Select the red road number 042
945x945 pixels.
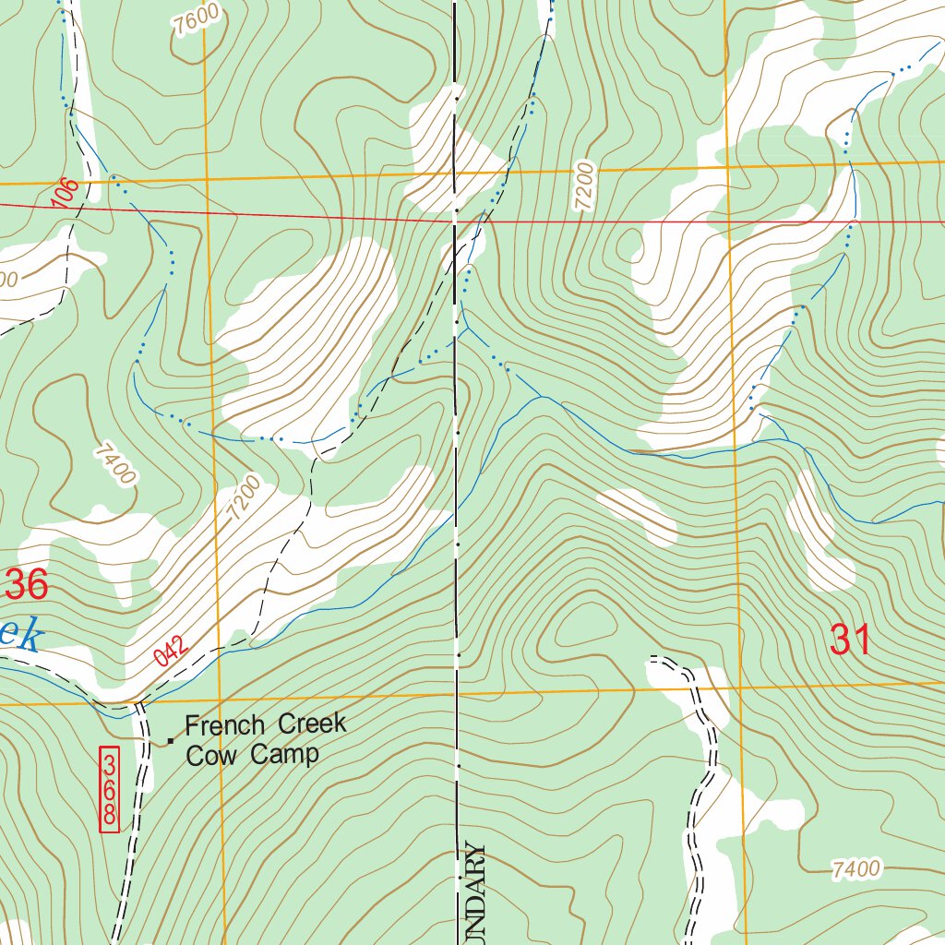click(173, 651)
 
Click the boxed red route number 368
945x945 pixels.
click(109, 789)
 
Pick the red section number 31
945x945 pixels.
click(851, 640)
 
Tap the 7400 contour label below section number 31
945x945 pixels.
click(855, 868)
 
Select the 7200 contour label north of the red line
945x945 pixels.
click(584, 188)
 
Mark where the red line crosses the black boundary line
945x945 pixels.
click(456, 221)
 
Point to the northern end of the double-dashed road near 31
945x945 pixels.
click(652, 660)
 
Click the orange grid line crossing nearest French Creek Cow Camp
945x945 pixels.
click(221, 699)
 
